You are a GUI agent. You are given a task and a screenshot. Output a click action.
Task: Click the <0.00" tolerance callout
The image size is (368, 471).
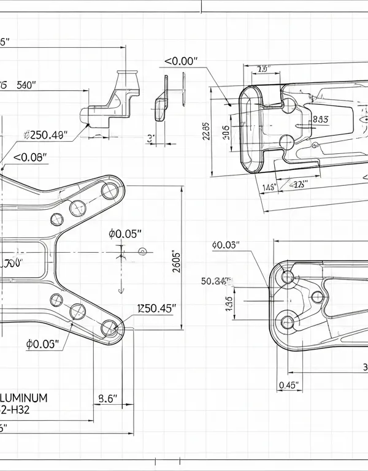point(182,61)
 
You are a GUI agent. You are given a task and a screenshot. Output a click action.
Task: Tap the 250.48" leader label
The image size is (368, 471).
point(45,135)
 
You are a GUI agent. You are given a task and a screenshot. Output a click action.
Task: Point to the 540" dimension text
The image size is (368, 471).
point(27,85)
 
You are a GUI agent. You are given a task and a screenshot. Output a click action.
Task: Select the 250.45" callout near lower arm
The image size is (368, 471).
point(156,308)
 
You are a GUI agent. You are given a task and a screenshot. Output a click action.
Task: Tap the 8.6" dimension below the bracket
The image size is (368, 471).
point(108,398)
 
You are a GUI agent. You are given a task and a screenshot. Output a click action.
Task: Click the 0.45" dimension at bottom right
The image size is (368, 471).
point(288,385)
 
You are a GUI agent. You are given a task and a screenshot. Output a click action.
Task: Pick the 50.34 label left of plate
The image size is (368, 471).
point(215,281)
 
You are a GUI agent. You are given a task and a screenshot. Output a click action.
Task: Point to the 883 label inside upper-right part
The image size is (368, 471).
point(320,120)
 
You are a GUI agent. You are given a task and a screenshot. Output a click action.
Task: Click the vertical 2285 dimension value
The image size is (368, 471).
point(206,132)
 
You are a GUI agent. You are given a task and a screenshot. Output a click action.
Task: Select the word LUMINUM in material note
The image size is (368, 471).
point(25,397)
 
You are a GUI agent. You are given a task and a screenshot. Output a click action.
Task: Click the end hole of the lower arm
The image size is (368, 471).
point(110,329)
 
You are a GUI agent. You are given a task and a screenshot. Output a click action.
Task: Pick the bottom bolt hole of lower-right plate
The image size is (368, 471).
point(287,321)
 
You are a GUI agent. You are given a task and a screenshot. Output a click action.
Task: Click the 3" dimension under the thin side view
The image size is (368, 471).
point(150,138)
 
